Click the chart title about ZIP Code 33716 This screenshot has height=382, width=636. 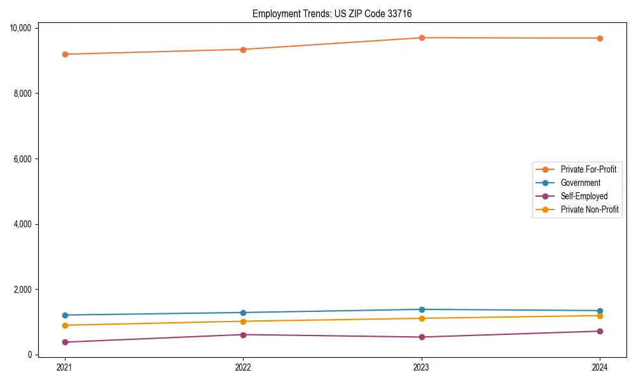[x=336, y=13]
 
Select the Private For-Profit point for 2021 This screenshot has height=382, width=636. [x=65, y=54]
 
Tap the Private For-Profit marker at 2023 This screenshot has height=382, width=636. [x=422, y=38]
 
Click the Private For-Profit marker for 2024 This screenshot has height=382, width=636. [x=600, y=38]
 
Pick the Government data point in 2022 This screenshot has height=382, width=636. [x=243, y=313]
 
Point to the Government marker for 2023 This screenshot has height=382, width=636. [x=422, y=309]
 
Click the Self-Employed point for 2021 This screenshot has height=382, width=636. [x=65, y=342]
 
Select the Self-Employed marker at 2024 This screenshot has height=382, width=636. [x=600, y=331]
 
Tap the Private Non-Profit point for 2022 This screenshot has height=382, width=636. [x=243, y=321]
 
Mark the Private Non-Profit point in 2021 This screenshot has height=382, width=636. [x=65, y=325]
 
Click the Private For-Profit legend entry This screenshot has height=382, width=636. [x=588, y=169]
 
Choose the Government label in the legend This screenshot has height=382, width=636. [x=580, y=183]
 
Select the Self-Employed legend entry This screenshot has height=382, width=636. [x=584, y=196]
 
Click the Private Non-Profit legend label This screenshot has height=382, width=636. [x=590, y=209]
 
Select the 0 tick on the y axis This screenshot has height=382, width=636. [x=30, y=355]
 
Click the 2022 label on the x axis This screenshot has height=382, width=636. [x=243, y=367]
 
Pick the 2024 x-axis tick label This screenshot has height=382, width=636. [x=600, y=367]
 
